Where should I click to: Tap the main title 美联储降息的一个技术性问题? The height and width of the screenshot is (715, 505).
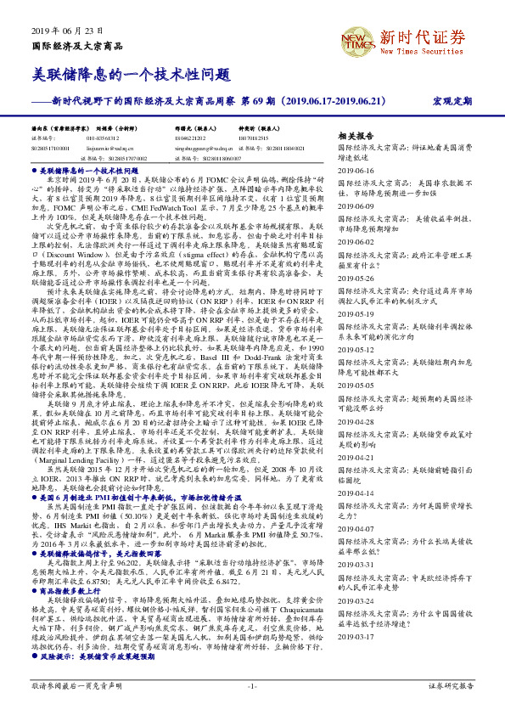coord(131,74)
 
